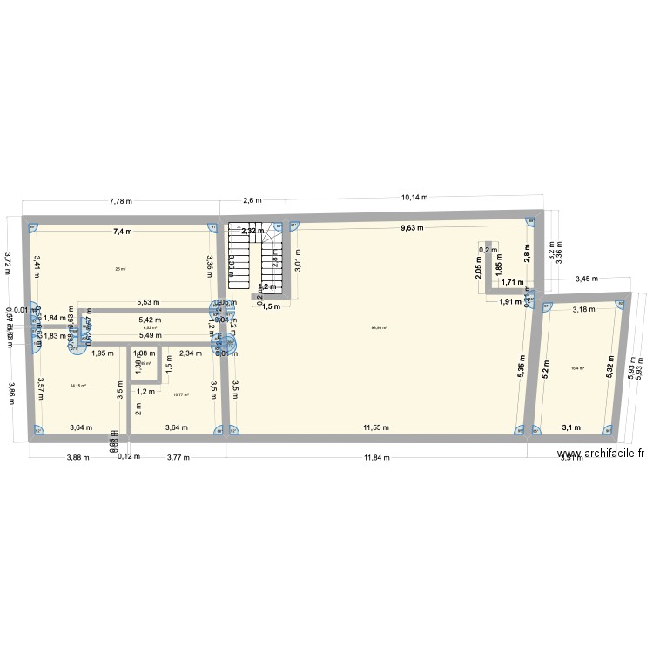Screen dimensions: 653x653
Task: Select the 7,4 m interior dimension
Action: [122, 232]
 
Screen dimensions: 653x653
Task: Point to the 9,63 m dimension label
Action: [412, 228]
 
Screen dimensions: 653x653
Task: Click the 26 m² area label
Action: [120, 269]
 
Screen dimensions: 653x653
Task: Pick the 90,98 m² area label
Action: [379, 328]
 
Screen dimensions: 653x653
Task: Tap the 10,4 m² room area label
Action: [577, 368]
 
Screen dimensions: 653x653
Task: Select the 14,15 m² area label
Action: [78, 386]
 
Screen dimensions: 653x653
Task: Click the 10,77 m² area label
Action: [181, 394]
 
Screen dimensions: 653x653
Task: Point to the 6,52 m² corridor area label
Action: [150, 327]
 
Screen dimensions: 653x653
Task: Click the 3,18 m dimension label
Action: [582, 309]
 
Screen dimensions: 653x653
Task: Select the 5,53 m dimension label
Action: [148, 302]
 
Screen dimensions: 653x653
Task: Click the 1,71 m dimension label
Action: [515, 282]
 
